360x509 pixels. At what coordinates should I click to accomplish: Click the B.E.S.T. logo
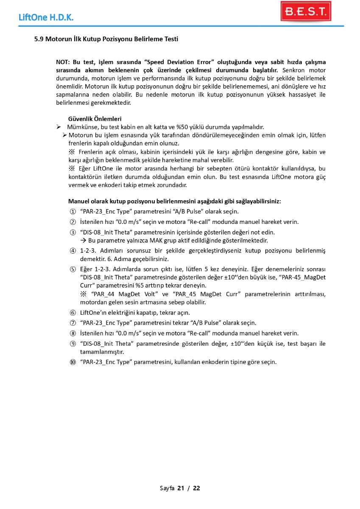(x=305, y=11)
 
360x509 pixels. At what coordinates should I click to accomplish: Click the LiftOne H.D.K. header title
(x=46, y=18)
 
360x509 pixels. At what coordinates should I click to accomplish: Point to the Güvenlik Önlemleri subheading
(x=95, y=119)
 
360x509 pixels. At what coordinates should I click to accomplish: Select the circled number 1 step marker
(x=73, y=211)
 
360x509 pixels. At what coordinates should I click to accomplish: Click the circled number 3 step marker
(x=73, y=232)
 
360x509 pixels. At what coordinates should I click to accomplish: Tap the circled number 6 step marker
(x=73, y=313)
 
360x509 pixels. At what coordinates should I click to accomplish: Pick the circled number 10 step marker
(x=73, y=362)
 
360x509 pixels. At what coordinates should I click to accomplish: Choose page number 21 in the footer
(x=181, y=488)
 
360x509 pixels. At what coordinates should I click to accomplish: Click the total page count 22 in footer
(x=196, y=488)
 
